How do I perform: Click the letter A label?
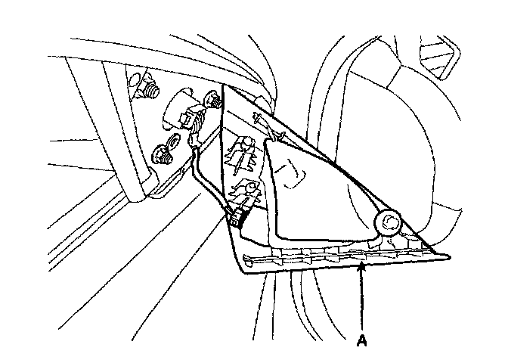[362, 341]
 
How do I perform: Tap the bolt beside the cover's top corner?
[213, 100]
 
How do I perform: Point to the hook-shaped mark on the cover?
[289, 174]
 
